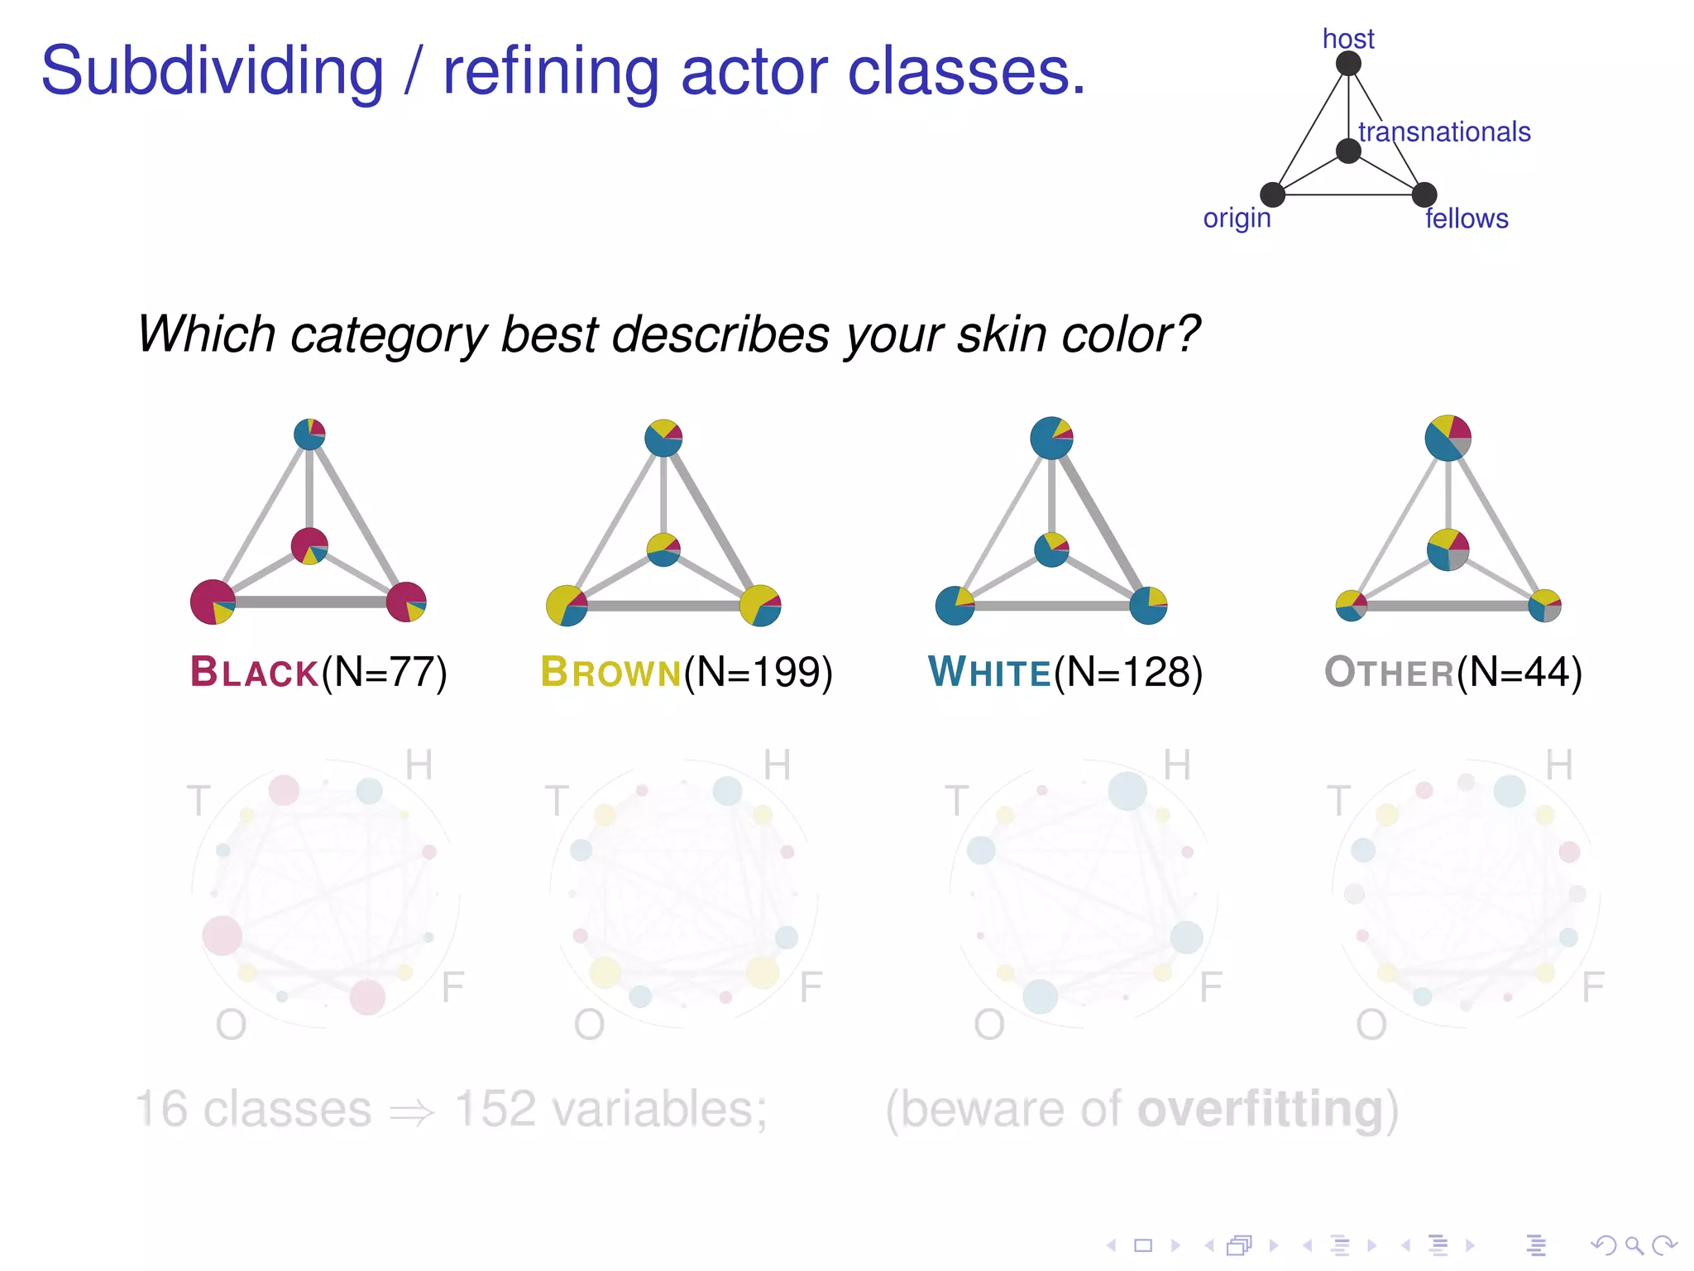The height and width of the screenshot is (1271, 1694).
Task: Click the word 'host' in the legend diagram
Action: (1347, 39)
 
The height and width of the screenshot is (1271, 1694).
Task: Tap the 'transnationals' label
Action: (1444, 132)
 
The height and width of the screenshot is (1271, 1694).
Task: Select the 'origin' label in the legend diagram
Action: (1237, 218)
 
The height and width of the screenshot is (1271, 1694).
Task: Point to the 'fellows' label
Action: (1467, 218)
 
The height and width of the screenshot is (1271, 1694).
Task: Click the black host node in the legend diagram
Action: (1348, 64)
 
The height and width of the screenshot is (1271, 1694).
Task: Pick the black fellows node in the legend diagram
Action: (1424, 195)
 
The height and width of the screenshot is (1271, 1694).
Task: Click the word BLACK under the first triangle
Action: (254, 672)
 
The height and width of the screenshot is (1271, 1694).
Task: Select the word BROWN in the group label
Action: (610, 672)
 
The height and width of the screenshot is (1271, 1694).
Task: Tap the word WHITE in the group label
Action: (989, 672)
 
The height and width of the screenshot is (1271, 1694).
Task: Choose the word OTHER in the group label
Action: (1389, 672)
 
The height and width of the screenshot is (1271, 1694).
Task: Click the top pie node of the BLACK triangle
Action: (309, 434)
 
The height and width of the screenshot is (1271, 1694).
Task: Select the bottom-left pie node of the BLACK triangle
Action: (213, 602)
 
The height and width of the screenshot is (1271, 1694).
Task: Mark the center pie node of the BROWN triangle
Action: (663, 549)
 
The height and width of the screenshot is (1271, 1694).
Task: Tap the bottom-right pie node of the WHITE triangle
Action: (1148, 606)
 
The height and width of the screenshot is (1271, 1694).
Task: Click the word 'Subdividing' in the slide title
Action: (213, 72)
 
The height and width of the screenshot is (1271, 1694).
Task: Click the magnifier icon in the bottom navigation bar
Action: (1634, 1245)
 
